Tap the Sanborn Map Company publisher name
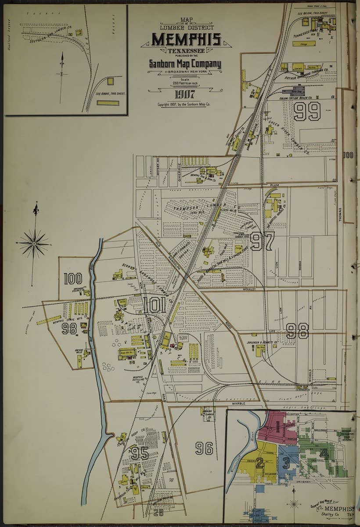click(185, 64)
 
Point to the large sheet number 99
click(307, 112)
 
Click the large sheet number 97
click(263, 241)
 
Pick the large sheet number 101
click(155, 304)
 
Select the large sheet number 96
click(204, 448)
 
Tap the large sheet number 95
click(139, 453)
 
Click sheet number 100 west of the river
click(73, 278)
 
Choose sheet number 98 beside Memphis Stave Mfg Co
click(69, 328)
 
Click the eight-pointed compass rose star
click(34, 243)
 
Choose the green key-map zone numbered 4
click(324, 453)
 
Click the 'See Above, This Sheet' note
click(108, 94)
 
